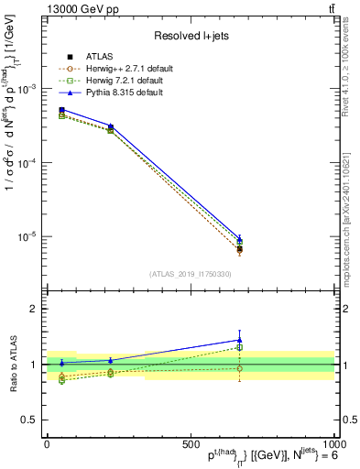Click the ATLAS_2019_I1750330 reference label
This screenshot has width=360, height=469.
pos(191,273)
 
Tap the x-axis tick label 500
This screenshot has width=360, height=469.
pos(191,443)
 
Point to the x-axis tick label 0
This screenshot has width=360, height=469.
pos(47,443)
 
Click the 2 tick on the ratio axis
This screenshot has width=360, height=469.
pos(33,309)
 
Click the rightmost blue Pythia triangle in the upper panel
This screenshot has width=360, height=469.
pos(239,238)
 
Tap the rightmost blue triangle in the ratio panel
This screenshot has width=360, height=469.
pos(239,340)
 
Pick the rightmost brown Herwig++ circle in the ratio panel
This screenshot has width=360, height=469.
pos(239,368)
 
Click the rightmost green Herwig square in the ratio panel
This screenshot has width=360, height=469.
pos(239,347)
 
